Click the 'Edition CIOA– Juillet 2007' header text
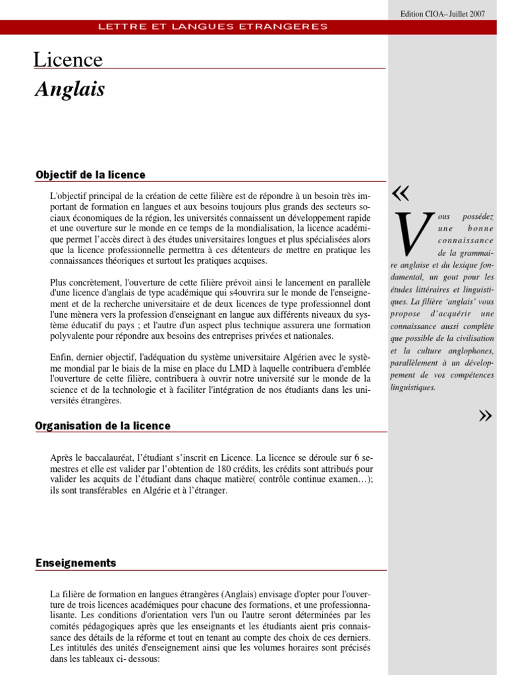451,14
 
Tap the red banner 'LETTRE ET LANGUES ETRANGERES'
212,26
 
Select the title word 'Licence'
68,60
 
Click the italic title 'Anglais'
70,90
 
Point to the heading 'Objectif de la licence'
90,175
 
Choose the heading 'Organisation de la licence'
103,426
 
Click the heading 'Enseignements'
76,563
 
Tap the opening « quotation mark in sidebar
400,192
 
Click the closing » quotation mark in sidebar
486,415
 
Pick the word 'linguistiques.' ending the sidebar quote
412,388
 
